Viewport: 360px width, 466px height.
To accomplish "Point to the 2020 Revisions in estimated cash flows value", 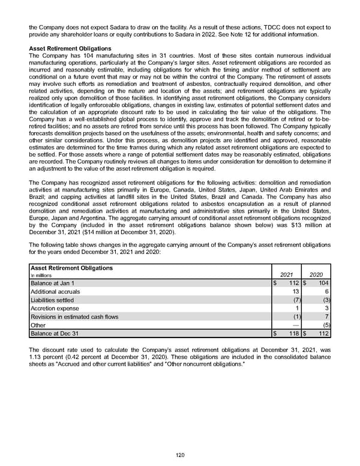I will pyautogui.click(x=326, y=316).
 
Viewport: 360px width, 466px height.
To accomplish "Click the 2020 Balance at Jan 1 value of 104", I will pyautogui.click(x=322, y=283).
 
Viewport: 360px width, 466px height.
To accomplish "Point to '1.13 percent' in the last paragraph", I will pyautogui.click(x=46, y=357).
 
